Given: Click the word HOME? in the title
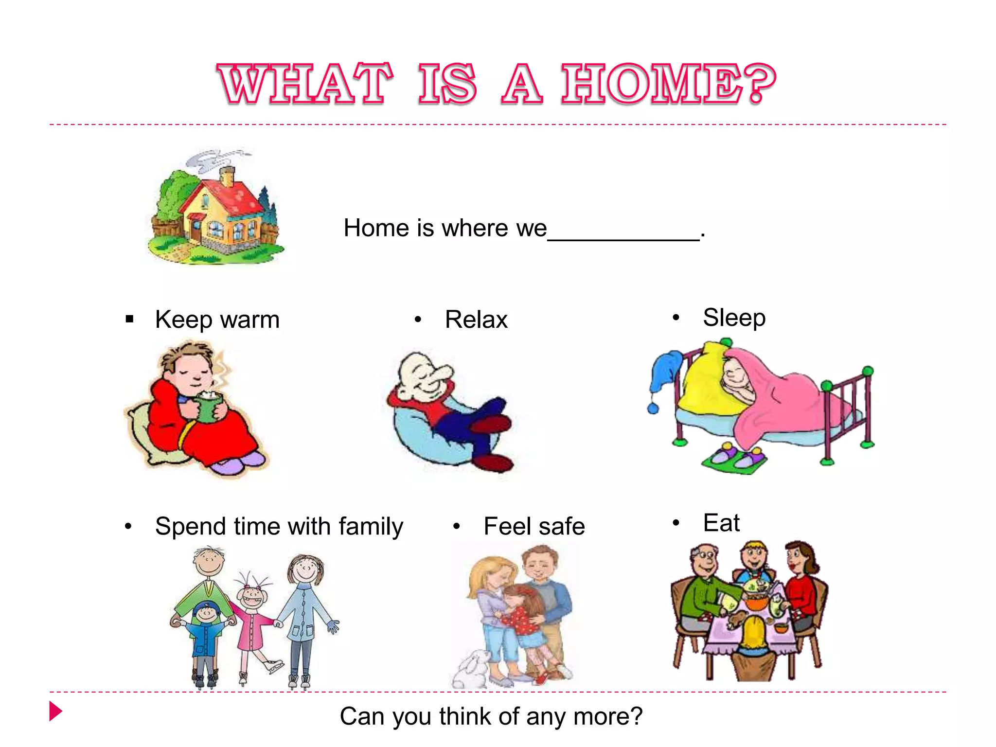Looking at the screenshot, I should [669, 84].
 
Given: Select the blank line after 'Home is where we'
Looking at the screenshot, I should [623, 235].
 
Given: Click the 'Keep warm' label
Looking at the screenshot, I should [217, 320].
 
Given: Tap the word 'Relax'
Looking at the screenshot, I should [476, 320].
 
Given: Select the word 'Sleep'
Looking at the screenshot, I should [734, 318].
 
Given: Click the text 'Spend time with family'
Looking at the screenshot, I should [279, 526].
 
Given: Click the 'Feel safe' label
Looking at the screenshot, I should [534, 526].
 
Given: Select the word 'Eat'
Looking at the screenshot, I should [721, 523].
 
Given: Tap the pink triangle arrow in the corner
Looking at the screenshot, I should [55, 711].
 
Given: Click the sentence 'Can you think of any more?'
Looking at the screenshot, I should [491, 716].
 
